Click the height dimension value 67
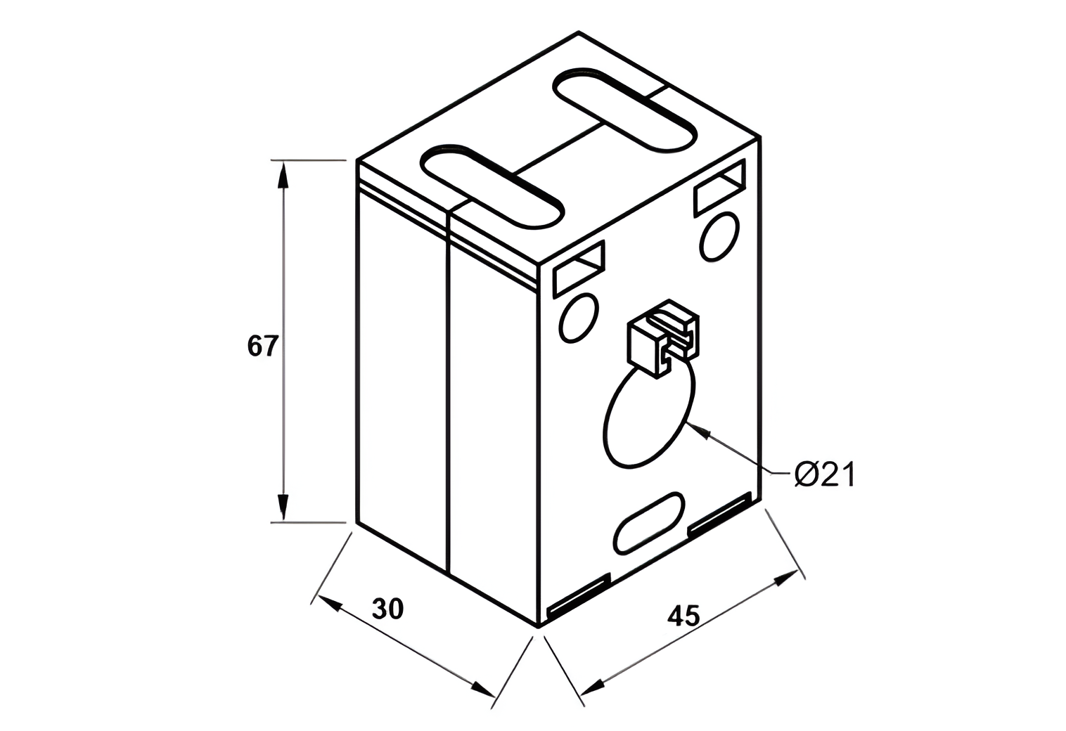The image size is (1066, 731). pyautogui.click(x=264, y=346)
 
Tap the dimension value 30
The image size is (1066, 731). pyautogui.click(x=388, y=609)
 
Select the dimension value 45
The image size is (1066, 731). pyautogui.click(x=683, y=616)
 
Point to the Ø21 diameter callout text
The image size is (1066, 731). pyautogui.click(x=824, y=475)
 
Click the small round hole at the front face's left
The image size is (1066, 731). pyautogui.click(x=579, y=318)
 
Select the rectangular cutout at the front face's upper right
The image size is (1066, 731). pyautogui.click(x=719, y=186)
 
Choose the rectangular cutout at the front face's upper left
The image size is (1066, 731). pyautogui.click(x=580, y=268)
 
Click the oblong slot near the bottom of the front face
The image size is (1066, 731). pyautogui.click(x=649, y=522)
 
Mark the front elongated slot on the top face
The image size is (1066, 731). pyautogui.click(x=492, y=186)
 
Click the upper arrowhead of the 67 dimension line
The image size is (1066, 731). pyautogui.click(x=283, y=176)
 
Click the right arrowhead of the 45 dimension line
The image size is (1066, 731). pyautogui.click(x=786, y=578)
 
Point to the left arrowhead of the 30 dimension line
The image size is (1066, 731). pyautogui.click(x=331, y=603)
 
